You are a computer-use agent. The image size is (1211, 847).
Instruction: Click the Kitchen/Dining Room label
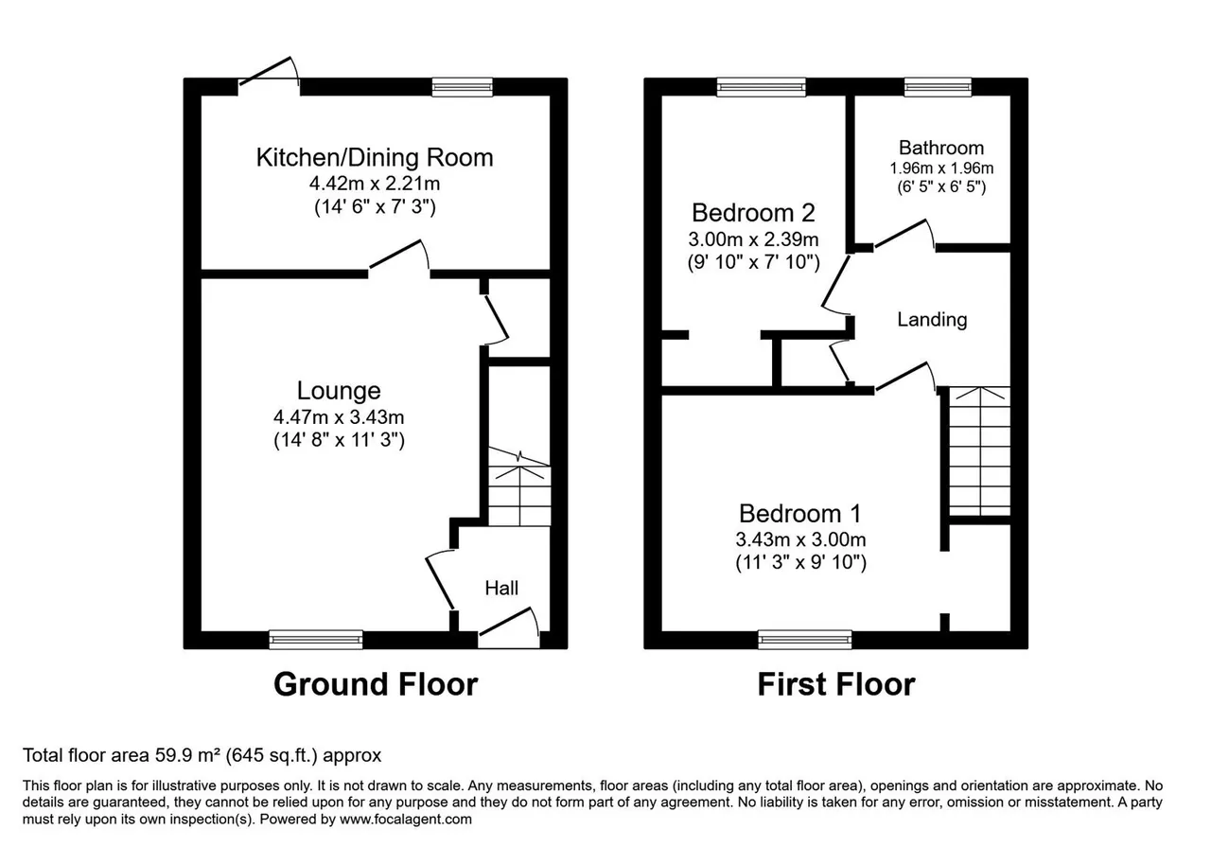[x=374, y=157]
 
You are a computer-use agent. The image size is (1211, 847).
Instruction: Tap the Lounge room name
[x=339, y=391]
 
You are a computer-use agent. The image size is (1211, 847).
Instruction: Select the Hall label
[x=501, y=588]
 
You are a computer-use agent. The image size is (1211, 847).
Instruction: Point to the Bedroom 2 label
[x=753, y=213]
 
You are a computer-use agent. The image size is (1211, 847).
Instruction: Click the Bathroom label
[x=941, y=148]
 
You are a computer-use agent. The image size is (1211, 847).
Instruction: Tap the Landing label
[x=932, y=319]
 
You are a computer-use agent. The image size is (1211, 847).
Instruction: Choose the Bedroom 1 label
[x=799, y=513]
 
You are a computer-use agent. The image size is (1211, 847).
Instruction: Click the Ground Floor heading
[x=376, y=684]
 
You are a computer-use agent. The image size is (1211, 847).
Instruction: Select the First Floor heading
[x=836, y=684]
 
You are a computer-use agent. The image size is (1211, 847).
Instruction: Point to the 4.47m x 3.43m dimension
[x=339, y=417]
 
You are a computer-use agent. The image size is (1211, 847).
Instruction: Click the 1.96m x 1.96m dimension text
[x=941, y=168]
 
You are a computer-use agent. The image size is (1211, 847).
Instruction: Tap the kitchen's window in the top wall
[x=463, y=87]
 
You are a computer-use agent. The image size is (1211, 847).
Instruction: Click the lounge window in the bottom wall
[x=316, y=640]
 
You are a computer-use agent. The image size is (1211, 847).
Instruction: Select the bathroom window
[x=938, y=87]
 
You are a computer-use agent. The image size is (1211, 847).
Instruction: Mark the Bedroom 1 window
[x=805, y=640]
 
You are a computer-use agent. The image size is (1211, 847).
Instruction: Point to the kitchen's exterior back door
[x=268, y=71]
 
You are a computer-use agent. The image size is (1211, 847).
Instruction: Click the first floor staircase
[x=979, y=451]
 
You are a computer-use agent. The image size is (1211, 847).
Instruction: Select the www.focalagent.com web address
[x=406, y=820]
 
